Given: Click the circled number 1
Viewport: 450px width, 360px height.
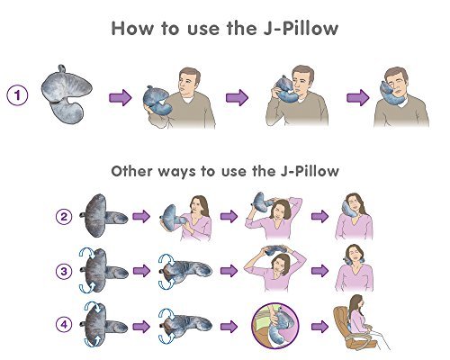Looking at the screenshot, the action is click(17, 95).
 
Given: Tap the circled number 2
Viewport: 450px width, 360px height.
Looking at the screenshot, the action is click(64, 217).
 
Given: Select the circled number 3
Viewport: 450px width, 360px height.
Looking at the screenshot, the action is click(64, 272).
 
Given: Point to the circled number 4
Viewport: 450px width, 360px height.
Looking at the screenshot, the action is click(64, 325).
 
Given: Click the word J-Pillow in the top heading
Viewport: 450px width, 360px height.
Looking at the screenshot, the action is click(301, 29).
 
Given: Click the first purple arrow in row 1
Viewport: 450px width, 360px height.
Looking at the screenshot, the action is click(121, 97).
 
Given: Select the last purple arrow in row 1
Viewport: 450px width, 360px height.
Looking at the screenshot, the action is click(358, 97).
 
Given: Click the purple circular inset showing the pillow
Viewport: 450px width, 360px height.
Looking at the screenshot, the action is click(275, 326).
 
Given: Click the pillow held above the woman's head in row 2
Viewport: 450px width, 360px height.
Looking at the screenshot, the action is click(262, 201).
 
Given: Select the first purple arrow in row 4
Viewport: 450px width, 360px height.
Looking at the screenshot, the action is click(141, 327).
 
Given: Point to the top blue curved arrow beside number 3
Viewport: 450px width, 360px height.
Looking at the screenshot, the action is click(87, 252).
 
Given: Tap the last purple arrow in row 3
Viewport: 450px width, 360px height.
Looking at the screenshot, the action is click(320, 271).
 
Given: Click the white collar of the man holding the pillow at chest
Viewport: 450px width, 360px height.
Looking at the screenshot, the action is click(188, 100).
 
